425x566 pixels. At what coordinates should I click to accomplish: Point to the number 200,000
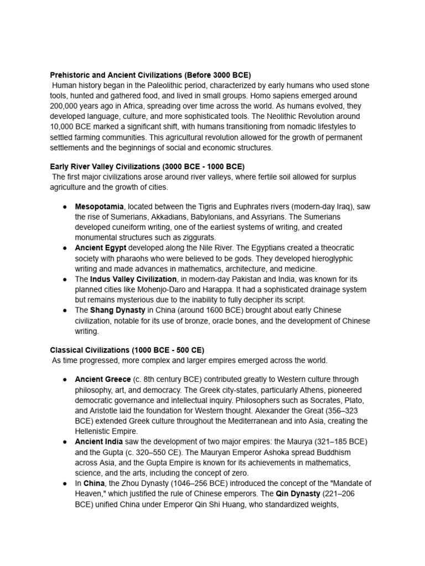[66, 106]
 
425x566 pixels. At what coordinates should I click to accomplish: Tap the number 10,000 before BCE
[64, 127]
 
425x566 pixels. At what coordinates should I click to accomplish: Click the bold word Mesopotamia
[99, 207]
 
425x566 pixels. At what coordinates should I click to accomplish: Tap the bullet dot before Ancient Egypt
[65, 248]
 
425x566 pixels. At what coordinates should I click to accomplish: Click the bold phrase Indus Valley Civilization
[133, 279]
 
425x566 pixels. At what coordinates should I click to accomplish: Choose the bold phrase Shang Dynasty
[118, 310]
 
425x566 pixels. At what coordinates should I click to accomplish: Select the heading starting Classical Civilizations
[127, 350]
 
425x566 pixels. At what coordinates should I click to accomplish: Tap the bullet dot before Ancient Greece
[65, 380]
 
